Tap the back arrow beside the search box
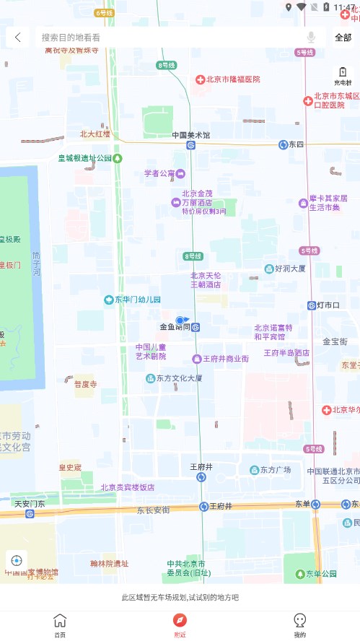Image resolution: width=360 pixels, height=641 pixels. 17,38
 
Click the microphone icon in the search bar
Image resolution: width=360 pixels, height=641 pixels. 311,38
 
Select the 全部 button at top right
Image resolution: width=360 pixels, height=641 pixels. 343,38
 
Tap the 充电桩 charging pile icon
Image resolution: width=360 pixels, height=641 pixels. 343,75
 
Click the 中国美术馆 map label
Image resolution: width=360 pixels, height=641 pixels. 190,135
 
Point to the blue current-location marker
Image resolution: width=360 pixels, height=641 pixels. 181,320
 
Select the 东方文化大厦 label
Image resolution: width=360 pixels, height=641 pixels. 173,378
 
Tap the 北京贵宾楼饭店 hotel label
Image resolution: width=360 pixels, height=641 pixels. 127,487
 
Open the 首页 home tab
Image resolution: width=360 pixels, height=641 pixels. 60,625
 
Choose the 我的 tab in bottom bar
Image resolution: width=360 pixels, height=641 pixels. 300,625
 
